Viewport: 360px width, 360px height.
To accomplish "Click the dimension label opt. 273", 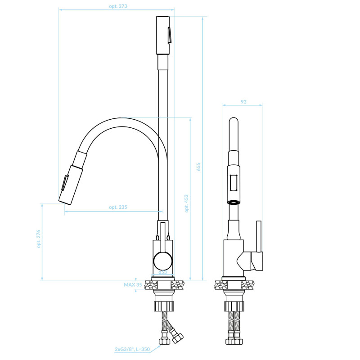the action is point(118,6).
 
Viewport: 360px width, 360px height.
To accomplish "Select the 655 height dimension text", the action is point(198,166).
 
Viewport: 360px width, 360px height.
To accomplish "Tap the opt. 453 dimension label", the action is point(186,203).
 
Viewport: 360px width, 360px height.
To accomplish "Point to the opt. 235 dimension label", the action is point(118,207).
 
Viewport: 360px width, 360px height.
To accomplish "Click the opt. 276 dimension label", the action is point(38,239).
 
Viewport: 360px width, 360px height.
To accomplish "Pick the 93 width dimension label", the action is point(243,102).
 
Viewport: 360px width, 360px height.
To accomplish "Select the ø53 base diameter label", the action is point(162,272).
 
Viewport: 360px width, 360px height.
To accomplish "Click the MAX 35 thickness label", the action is point(133,285).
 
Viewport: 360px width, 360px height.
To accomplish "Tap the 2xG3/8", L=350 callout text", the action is point(132,350).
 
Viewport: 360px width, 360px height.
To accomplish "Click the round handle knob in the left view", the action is point(163,261).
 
